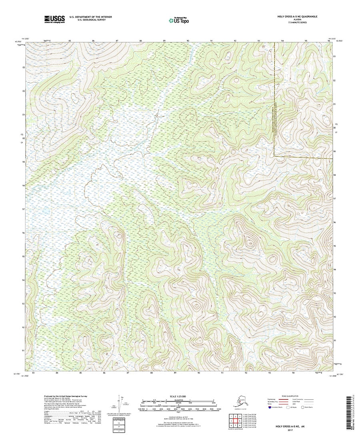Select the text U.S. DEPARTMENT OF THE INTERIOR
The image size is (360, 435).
(x=90, y=16)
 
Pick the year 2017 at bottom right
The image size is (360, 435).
(x=295, y=430)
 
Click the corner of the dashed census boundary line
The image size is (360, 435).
(x=274, y=156)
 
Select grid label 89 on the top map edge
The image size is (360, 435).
(x=164, y=41)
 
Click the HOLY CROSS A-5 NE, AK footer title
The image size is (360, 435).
(x=295, y=427)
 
